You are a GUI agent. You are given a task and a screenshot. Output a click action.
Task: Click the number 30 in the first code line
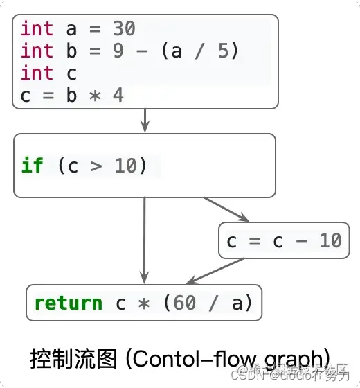[x=123, y=29]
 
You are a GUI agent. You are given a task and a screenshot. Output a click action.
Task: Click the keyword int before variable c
[x=37, y=73]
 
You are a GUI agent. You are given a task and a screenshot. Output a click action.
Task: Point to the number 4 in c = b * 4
[x=118, y=96]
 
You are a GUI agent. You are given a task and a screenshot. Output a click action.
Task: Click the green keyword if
[x=32, y=166]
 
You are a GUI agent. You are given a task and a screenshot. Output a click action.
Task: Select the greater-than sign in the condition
[x=96, y=166]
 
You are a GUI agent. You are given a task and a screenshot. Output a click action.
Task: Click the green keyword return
[x=68, y=303]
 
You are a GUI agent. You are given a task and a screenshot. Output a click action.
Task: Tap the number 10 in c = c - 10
[x=330, y=240]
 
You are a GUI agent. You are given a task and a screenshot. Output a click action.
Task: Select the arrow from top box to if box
[x=145, y=121]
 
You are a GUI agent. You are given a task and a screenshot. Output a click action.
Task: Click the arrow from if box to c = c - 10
[x=225, y=209]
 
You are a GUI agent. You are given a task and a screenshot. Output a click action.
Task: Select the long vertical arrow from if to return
[x=144, y=239]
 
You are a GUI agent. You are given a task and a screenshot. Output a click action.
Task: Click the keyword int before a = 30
[x=37, y=29]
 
